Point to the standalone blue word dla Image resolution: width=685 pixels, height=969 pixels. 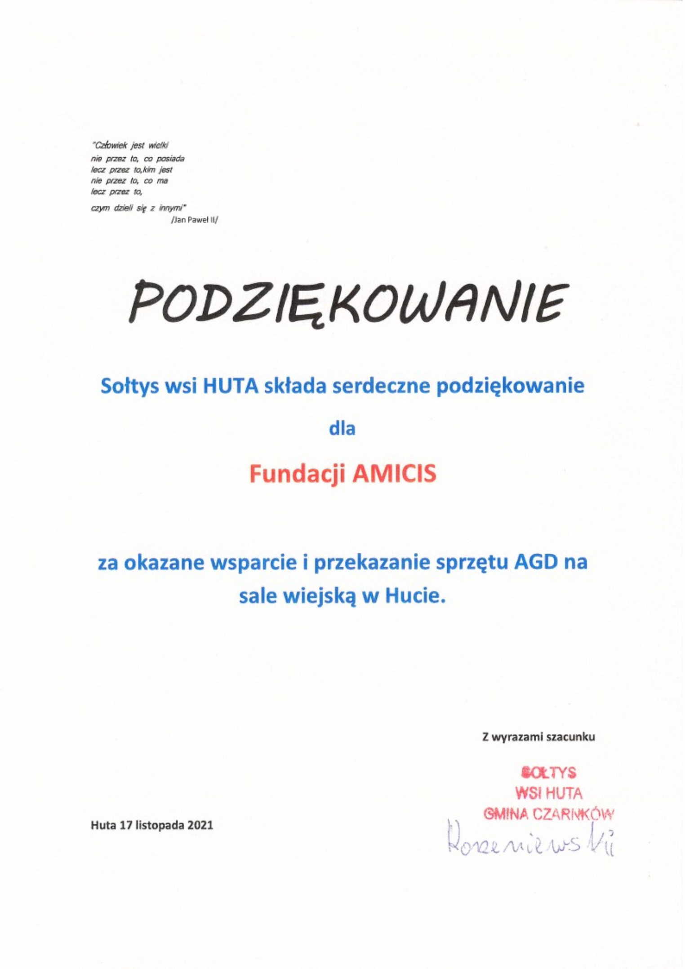[342, 428]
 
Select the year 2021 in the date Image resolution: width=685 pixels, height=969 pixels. [200, 825]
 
